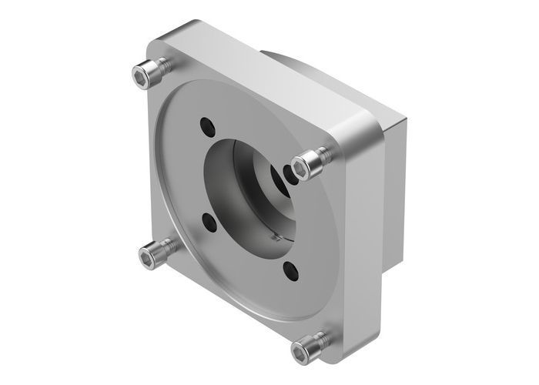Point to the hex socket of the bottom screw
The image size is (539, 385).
coord(302,347)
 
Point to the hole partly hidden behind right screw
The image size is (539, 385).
coord(287,172)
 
